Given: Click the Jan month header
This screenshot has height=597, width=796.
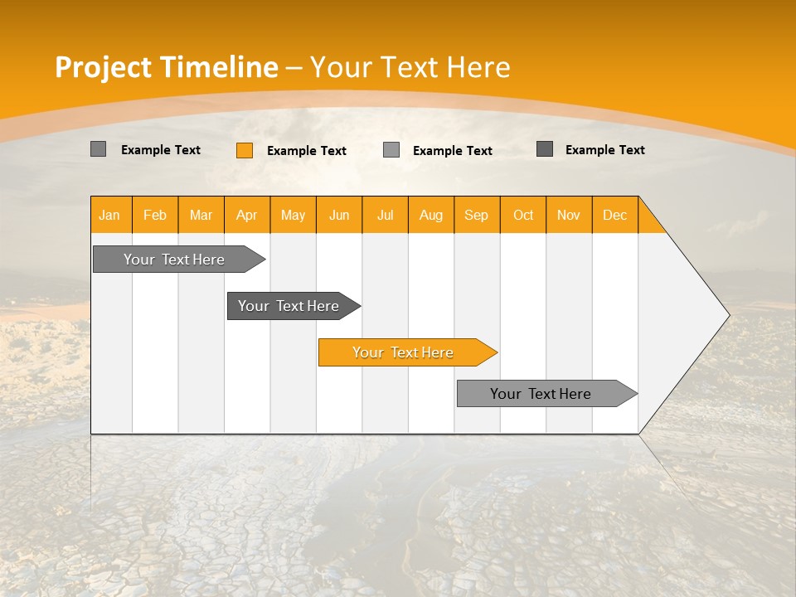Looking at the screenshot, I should point(109,215).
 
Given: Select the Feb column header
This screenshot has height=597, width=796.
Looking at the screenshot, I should point(155,215).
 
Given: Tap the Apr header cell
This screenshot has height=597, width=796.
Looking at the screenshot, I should point(246,215).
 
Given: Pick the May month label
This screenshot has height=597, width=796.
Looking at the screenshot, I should point(293,215).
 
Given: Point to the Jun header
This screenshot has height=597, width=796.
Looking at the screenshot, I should point(339,215).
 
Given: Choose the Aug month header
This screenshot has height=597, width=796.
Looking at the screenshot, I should point(431,215).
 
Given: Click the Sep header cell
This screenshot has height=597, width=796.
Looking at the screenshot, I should point(476,215).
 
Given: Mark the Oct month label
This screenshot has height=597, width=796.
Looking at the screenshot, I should point(523,215).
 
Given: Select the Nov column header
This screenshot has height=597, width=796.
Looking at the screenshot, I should point(569,215).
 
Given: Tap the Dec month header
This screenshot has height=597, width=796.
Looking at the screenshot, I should point(614,215).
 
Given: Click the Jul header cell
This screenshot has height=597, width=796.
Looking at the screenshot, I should point(385,215).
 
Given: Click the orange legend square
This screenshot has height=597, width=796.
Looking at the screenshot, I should point(245,150).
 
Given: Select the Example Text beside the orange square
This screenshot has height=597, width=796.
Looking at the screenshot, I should point(306,151).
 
